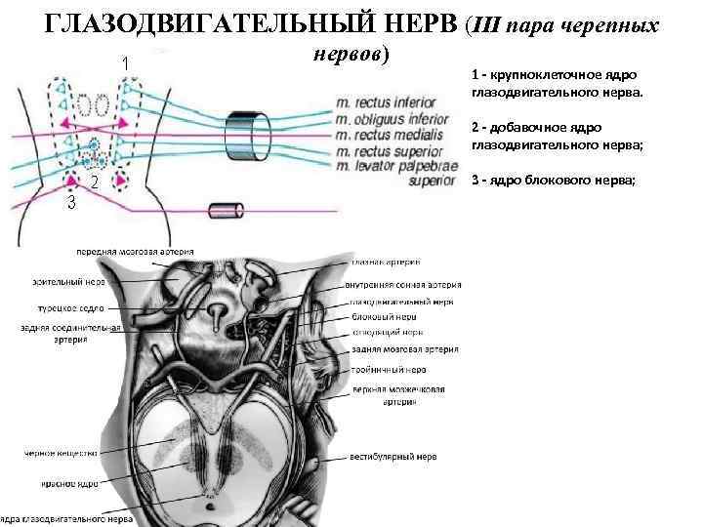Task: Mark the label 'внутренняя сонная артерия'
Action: (403, 285)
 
